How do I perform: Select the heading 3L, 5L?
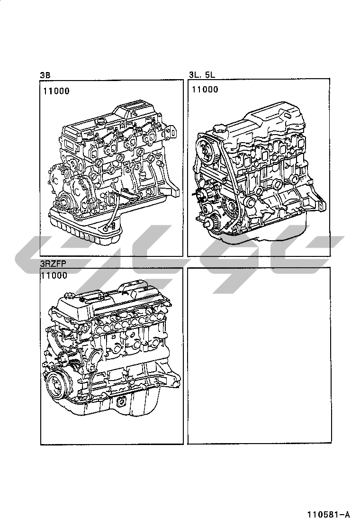[202, 74]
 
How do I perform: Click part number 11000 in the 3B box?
[56, 91]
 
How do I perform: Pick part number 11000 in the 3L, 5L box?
[205, 90]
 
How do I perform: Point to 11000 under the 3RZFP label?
[54, 275]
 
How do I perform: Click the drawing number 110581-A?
[328, 515]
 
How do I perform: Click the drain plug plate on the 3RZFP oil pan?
[120, 402]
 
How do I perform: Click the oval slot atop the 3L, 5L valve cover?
[287, 116]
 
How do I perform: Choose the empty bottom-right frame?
[259, 355]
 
